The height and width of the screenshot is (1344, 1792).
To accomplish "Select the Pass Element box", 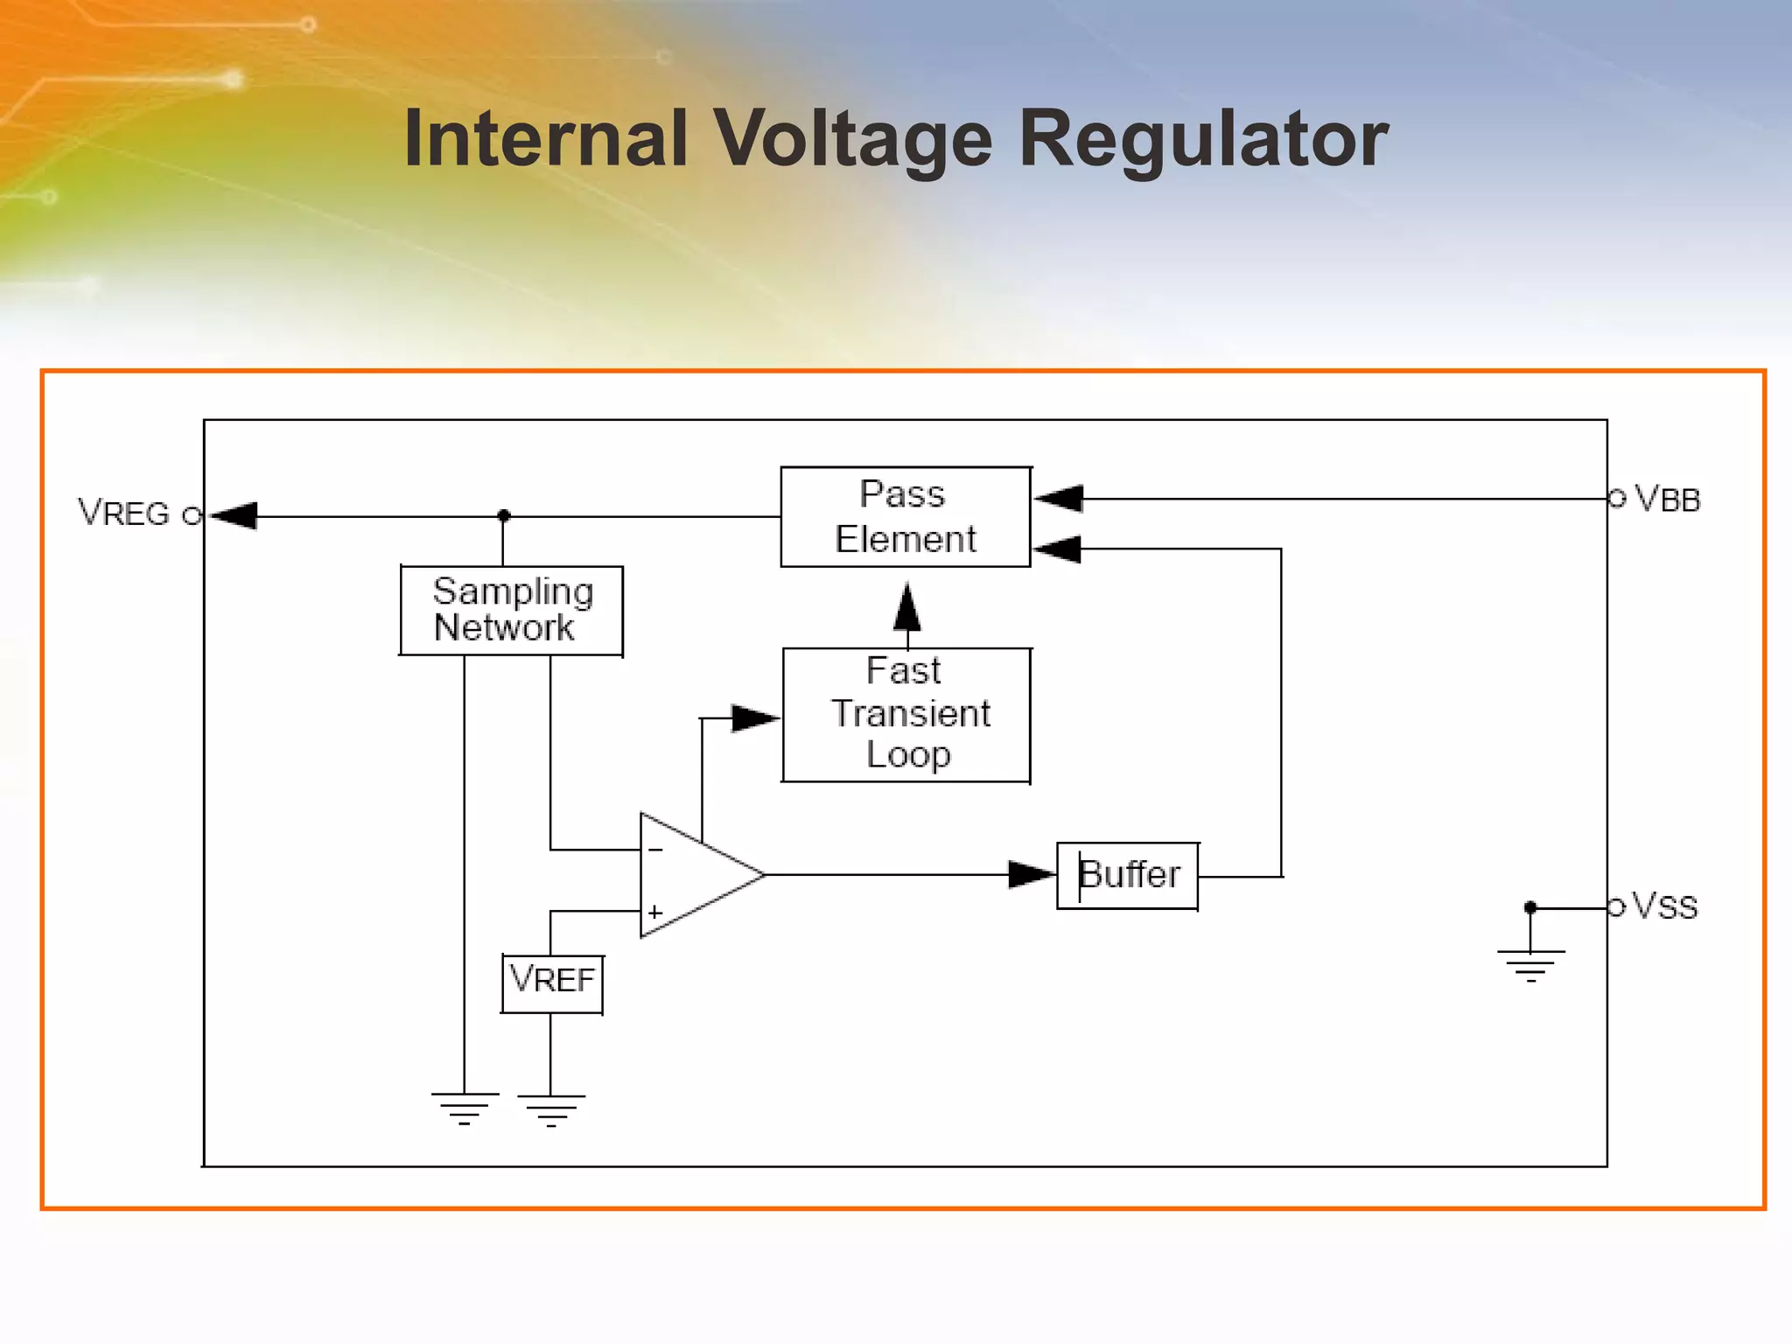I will coord(905,517).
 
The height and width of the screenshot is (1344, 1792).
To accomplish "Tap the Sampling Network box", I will coord(511,610).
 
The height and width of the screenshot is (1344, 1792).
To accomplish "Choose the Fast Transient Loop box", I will coord(906,715).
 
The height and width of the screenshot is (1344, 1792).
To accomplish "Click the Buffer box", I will coord(1127,875).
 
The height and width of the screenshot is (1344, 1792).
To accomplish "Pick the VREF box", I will coord(552,983).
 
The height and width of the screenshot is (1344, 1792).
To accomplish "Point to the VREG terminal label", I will coord(123,513).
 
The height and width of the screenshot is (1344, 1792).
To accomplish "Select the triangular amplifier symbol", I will coord(691,875).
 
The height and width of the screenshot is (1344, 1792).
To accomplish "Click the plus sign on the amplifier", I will coord(655,912).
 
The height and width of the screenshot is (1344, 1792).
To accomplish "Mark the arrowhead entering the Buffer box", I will coord(1031,874).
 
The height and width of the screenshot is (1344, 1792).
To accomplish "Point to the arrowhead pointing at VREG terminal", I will coord(234,515).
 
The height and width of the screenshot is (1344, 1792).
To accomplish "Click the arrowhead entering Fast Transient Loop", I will coord(754,718).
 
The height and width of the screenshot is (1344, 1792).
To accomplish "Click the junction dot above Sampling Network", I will coord(503,516).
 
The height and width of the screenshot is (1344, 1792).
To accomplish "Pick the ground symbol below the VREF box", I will coord(550,1109).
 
